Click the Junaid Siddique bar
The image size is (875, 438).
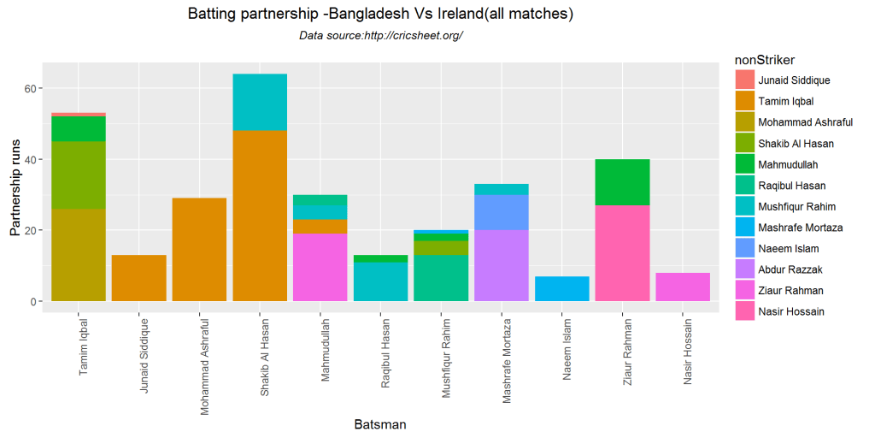point(139,278)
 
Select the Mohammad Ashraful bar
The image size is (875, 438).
point(199,250)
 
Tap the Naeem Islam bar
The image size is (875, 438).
point(561,289)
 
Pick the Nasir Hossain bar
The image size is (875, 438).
point(683,287)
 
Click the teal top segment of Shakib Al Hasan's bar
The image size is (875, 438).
point(260,102)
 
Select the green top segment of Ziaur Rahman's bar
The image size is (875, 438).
point(622,182)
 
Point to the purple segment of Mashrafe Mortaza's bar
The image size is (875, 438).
point(502,266)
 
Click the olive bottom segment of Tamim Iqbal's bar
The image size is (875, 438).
point(79,255)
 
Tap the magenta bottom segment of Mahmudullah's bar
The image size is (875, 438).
point(320,268)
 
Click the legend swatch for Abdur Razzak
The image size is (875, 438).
point(744,269)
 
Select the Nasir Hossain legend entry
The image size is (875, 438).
point(790,311)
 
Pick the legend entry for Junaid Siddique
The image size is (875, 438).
point(794,80)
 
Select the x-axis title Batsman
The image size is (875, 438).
point(380,424)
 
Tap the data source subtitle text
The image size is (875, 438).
point(380,36)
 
